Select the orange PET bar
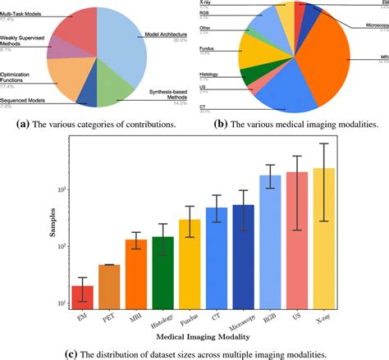coord(109,286)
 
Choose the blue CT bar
coord(217,257)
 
